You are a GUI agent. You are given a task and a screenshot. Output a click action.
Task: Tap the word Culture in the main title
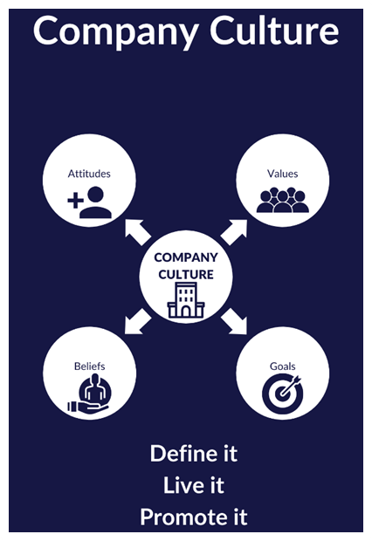(x=274, y=31)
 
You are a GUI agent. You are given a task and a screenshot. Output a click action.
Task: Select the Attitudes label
(x=89, y=174)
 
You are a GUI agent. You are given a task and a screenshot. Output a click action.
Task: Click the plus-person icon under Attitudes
(x=89, y=202)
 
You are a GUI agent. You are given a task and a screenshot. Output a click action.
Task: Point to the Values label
(x=283, y=174)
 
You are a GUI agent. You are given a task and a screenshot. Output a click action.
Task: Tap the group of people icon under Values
(x=283, y=200)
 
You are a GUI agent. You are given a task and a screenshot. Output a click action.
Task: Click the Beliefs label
(x=89, y=366)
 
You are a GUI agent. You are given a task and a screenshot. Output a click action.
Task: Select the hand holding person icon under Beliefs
(x=89, y=394)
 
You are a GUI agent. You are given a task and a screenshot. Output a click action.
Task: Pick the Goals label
(x=283, y=366)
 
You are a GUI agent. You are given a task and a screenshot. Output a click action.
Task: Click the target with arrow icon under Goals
(x=282, y=394)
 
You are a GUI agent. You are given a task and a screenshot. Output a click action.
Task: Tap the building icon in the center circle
(x=186, y=300)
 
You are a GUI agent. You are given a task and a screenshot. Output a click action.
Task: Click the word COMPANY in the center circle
(x=186, y=257)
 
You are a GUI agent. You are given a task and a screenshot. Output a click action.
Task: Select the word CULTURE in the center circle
(x=186, y=275)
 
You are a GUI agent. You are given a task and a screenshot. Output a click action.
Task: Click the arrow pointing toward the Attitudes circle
(x=138, y=232)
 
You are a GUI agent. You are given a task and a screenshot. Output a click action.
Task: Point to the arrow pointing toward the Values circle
(x=234, y=232)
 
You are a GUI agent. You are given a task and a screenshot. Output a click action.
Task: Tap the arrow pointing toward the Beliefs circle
(x=138, y=321)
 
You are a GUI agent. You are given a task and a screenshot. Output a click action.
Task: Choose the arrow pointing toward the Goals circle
(x=234, y=321)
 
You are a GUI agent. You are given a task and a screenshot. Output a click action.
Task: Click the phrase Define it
(x=194, y=454)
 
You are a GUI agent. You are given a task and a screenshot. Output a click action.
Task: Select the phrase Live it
(x=194, y=485)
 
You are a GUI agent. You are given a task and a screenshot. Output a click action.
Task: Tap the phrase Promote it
(x=194, y=517)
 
